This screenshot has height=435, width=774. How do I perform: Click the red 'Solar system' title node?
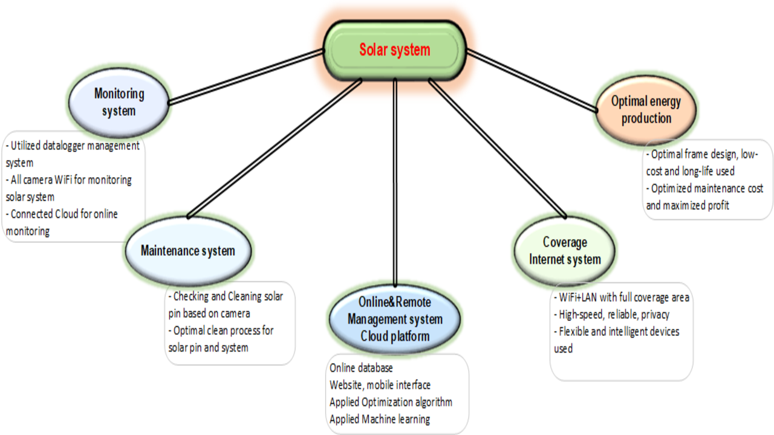click(x=395, y=50)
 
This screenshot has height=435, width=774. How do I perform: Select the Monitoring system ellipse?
click(x=119, y=103)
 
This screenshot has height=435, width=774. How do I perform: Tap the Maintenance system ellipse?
click(x=188, y=251)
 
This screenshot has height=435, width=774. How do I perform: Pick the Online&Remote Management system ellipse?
click(x=395, y=319)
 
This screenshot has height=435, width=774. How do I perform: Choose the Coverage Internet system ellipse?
click(x=565, y=251)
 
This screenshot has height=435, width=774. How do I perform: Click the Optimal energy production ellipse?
click(x=646, y=110)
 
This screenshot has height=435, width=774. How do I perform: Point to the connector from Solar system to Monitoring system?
click(x=246, y=77)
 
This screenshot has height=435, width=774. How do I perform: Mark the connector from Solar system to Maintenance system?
click(x=275, y=149)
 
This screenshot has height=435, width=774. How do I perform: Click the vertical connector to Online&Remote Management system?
click(x=395, y=182)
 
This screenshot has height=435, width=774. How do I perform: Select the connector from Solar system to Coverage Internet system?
click(x=498, y=149)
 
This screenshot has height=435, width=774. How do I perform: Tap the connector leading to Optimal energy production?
click(x=532, y=81)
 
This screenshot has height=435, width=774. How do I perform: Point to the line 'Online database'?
click(x=361, y=368)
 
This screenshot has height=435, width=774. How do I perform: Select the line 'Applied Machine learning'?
click(x=380, y=419)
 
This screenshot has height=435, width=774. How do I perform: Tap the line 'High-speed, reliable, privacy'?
click(x=614, y=315)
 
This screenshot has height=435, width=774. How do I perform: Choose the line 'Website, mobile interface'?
click(x=380, y=385)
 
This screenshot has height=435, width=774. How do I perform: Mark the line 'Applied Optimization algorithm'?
click(x=391, y=402)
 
